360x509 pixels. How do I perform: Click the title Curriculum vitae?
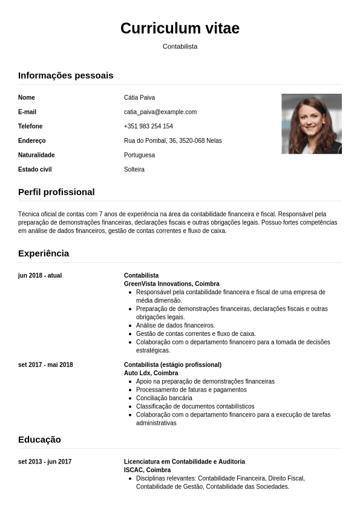click(180, 28)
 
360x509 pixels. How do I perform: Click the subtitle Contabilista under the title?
click(180, 46)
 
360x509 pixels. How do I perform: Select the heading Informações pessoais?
click(65, 75)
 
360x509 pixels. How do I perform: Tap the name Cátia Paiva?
click(140, 97)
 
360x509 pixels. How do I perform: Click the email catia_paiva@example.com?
click(160, 112)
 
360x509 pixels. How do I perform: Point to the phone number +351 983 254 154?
click(148, 126)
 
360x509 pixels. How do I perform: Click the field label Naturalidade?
click(36, 155)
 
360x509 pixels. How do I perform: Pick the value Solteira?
click(134, 169)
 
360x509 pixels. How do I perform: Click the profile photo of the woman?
click(312, 123)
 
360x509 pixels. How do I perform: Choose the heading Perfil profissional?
click(56, 192)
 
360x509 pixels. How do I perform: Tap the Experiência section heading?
click(44, 253)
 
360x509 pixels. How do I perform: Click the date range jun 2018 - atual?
click(40, 275)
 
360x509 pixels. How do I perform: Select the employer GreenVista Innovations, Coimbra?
click(171, 284)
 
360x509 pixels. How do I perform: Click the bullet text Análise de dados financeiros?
click(175, 325)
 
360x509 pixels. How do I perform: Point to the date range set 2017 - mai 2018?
click(45, 365)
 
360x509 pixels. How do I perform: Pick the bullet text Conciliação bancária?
click(164, 398)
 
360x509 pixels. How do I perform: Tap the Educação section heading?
click(39, 439)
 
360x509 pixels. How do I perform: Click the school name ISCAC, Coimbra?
click(147, 470)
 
